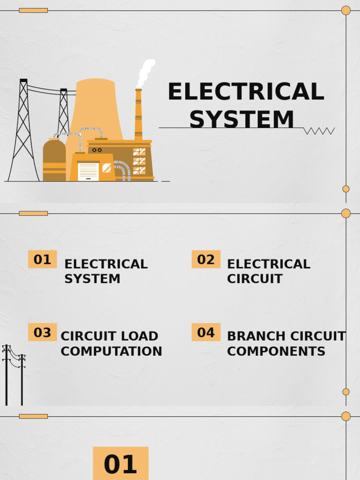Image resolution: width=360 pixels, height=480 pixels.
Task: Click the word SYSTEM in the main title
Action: (x=242, y=120)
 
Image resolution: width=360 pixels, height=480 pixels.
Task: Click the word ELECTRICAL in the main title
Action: (x=246, y=92)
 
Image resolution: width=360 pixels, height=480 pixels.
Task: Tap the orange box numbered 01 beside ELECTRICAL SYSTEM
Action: (x=42, y=259)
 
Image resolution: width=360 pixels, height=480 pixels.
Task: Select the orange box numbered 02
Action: (x=206, y=259)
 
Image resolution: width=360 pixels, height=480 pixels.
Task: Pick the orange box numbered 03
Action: (x=42, y=332)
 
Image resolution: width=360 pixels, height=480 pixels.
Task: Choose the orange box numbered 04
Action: (x=206, y=332)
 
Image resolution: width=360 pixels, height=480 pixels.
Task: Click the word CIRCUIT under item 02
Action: (x=255, y=279)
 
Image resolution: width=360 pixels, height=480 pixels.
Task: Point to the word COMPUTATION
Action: (x=111, y=352)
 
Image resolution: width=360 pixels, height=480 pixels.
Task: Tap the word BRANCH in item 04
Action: (x=256, y=337)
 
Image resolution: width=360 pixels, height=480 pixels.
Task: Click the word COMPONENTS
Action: (x=276, y=352)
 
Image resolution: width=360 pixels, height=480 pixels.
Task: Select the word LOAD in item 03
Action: (x=141, y=337)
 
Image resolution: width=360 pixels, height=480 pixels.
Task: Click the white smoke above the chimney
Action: (x=145, y=73)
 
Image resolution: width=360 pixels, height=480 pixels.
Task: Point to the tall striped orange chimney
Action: (x=138, y=115)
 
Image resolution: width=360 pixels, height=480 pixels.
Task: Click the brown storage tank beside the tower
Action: (x=54, y=159)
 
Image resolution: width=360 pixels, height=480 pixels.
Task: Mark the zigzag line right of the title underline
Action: (x=319, y=131)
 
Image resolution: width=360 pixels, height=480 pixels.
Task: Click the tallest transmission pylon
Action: (x=23, y=131)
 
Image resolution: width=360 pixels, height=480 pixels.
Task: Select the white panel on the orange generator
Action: (x=88, y=171)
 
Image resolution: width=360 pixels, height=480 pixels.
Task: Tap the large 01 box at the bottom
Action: (x=120, y=464)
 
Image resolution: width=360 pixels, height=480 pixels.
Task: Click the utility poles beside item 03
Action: (x=14, y=375)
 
